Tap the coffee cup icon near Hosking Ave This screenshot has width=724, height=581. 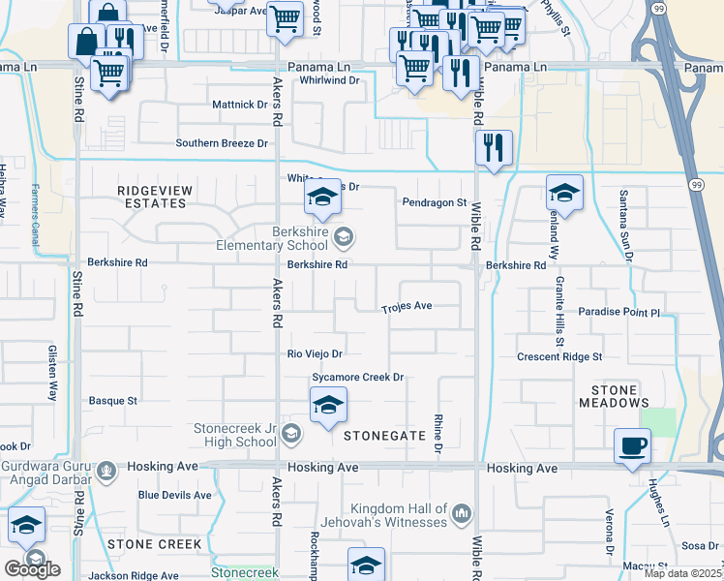click(x=632, y=445)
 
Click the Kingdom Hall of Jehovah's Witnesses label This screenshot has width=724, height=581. click(x=399, y=515)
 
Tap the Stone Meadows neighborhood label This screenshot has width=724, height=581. click(x=614, y=395)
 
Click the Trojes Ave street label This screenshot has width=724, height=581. click(x=407, y=307)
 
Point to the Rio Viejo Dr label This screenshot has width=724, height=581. click(x=315, y=354)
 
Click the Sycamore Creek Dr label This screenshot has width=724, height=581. click(x=356, y=377)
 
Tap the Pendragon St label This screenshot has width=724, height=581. click(x=435, y=202)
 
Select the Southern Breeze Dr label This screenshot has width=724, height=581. click(x=222, y=143)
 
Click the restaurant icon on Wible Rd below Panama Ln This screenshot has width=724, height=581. click(x=494, y=147)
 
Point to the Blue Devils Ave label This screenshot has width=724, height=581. click(x=174, y=495)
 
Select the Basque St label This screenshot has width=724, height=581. click(x=113, y=399)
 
